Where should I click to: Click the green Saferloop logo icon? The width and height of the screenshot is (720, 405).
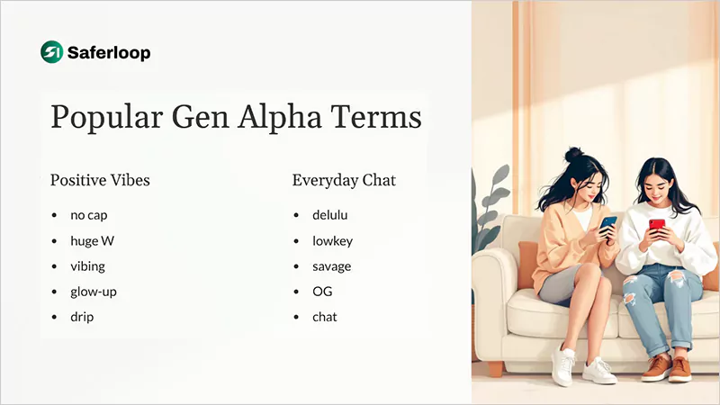[x=51, y=52]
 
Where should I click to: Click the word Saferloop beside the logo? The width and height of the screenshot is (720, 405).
[x=109, y=53]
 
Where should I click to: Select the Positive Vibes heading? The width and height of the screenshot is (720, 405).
[x=100, y=180]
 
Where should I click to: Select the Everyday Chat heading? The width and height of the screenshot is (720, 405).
[x=344, y=180]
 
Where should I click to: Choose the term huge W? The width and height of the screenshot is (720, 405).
[x=93, y=240]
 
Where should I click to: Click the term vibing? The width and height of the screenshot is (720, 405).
[x=89, y=266]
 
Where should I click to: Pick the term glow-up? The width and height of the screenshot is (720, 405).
[x=94, y=292]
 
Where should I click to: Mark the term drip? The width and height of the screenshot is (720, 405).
[x=82, y=317]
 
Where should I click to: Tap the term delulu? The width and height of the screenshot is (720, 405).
[x=329, y=215]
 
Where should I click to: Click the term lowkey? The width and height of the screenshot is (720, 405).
[x=332, y=240]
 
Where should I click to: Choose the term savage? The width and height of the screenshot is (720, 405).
[x=331, y=266]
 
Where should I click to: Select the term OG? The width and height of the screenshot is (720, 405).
[x=322, y=292]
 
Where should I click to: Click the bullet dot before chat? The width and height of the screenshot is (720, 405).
[x=297, y=318]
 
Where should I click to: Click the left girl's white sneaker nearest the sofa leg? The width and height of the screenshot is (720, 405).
[x=563, y=367]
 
